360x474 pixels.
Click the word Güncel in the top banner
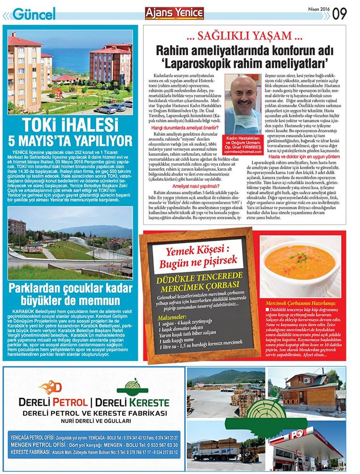click(x=34, y=14)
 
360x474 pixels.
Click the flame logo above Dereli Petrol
click(x=50, y=387)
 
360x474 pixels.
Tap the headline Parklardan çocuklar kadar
click(x=70, y=290)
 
